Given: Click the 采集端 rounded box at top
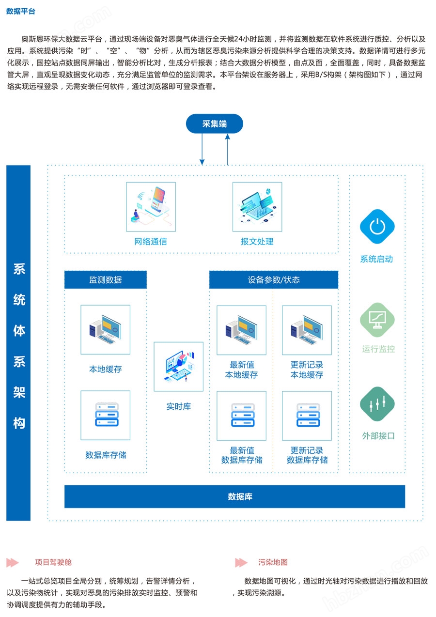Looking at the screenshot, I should pyautogui.click(x=214, y=124).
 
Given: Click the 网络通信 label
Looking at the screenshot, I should pyautogui.click(x=151, y=242).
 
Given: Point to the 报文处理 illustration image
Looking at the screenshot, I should pyautogui.click(x=257, y=207).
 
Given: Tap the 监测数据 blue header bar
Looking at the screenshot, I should pyautogui.click(x=106, y=280).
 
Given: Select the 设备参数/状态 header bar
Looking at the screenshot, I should pyautogui.click(x=274, y=280).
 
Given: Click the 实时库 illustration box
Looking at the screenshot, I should pyautogui.click(x=178, y=367).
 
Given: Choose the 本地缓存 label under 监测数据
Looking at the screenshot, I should pyautogui.click(x=106, y=369).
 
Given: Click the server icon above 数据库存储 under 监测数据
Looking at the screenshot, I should pyautogui.click(x=106, y=415).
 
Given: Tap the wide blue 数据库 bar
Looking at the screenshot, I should pyautogui.click(x=234, y=496).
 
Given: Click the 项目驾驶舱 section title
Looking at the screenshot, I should pyautogui.click(x=53, y=562).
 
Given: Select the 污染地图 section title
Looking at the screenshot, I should pyautogui.click(x=273, y=562).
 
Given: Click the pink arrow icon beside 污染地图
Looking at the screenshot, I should pyautogui.click(x=241, y=562).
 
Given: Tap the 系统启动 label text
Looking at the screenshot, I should pyautogui.click(x=376, y=259).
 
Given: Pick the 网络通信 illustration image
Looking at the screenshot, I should pyautogui.click(x=151, y=207).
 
